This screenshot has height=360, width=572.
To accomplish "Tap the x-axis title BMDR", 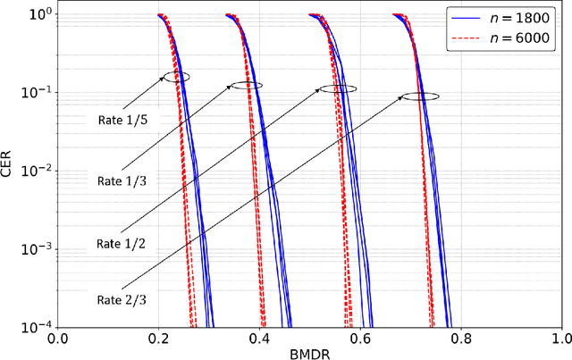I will click(309, 352).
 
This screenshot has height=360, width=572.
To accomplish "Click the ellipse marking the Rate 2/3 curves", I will click(420, 96).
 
